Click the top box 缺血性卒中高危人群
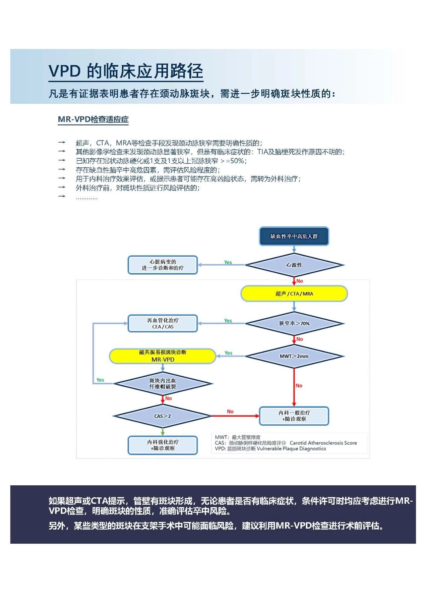point(294,236)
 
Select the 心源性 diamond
point(294,265)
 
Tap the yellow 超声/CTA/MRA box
point(294,294)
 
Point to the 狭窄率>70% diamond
point(294,324)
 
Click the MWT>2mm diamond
point(294,356)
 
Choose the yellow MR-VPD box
point(163,356)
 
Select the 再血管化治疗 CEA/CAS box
point(163,324)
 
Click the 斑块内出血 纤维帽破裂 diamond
point(163,384)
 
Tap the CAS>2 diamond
point(163,416)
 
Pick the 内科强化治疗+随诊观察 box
point(163,445)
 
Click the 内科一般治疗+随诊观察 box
point(294,416)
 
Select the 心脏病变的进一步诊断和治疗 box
point(163,265)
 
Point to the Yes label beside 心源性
point(228,263)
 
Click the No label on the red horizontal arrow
point(230,412)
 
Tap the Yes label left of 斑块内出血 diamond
point(100,380)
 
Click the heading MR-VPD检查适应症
point(93,119)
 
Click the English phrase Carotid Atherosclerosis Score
point(323,443)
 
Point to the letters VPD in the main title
point(65,71)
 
